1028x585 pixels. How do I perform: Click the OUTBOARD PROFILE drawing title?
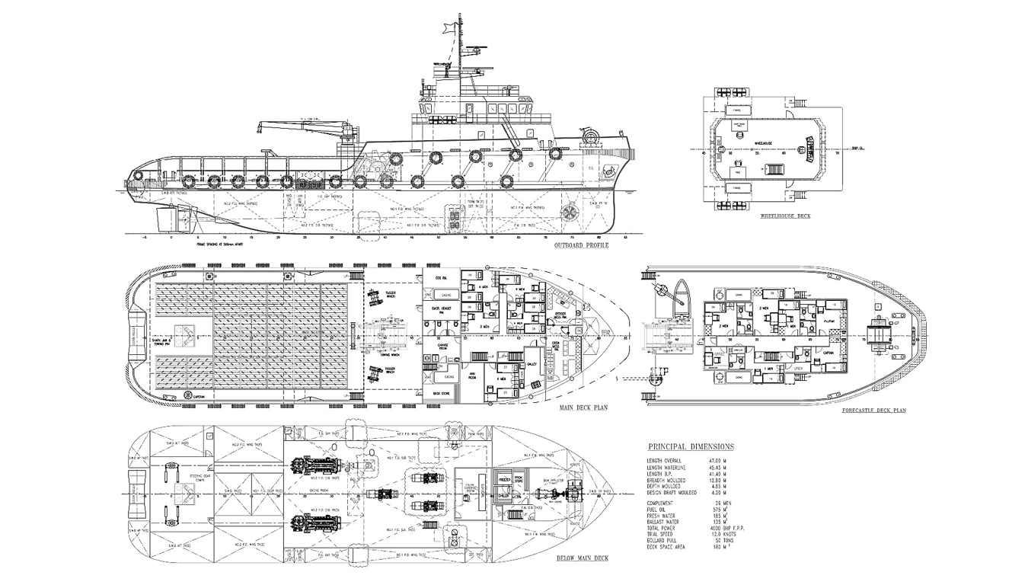pos(580,245)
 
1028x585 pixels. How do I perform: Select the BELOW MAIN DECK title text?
pos(582,559)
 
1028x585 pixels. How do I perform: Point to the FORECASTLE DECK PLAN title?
pos(873,411)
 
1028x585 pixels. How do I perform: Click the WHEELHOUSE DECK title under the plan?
pos(785,216)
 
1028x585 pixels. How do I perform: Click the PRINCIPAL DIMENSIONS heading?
pos(691,447)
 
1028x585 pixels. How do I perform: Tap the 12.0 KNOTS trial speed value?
pos(720,535)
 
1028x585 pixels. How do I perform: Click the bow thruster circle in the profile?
pos(568,213)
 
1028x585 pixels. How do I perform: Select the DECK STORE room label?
pos(442,393)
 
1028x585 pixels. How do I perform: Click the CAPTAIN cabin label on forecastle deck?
pos(828,353)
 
